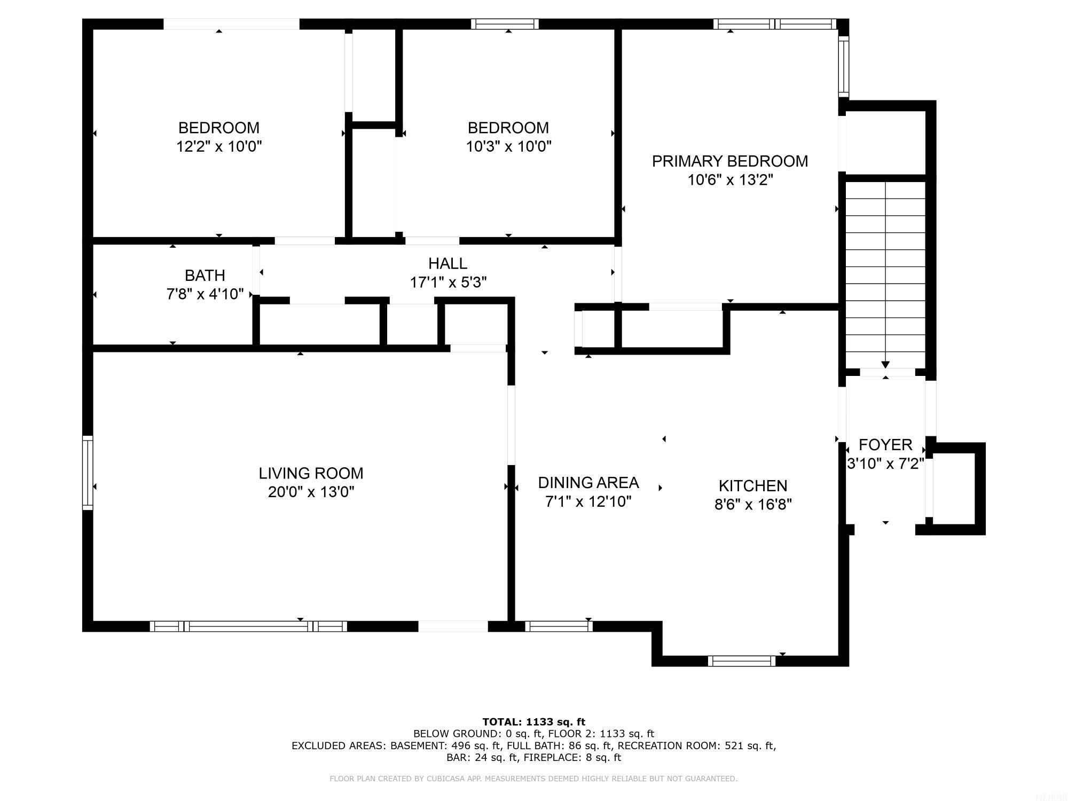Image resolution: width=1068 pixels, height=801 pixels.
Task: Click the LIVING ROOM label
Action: pos(311,473)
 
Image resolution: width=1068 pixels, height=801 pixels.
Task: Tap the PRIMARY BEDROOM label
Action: pos(729,161)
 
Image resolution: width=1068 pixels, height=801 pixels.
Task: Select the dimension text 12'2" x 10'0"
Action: pos(219,146)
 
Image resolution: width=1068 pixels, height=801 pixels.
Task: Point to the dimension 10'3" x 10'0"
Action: pos(508,146)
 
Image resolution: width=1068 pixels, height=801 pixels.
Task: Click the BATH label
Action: pos(205,276)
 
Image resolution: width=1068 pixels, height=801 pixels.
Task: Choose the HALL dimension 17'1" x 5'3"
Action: pos(448,282)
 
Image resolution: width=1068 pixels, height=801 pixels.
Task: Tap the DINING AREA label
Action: pos(588,483)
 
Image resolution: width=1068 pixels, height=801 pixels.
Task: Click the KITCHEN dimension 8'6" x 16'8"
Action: pos(753,504)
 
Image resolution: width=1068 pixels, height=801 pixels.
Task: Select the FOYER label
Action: pos(885,444)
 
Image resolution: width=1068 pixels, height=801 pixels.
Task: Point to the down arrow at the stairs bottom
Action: pos(885,364)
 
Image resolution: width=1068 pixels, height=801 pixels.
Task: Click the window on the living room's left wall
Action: pos(88,473)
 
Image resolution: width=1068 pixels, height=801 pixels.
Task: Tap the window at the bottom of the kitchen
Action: pos(741,661)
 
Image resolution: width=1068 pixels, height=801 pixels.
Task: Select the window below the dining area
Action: pos(559,626)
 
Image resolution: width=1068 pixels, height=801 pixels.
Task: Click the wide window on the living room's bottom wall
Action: pos(248,626)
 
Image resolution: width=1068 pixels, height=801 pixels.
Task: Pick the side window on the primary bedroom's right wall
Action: pos(843,66)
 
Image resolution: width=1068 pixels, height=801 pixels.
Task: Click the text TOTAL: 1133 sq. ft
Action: pos(533,722)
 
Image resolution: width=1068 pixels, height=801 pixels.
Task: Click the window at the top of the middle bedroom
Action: pos(505,24)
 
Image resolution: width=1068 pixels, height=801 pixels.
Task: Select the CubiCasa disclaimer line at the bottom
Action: pos(533,779)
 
